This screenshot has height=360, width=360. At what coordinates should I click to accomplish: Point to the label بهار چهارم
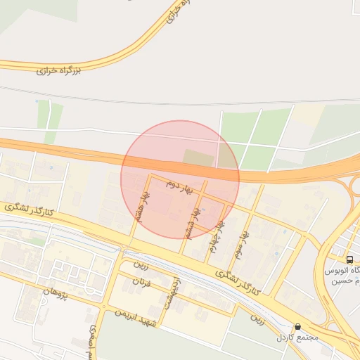[217, 236]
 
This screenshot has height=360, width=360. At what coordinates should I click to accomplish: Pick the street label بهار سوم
[242, 243]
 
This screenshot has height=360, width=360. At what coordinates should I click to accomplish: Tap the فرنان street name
[142, 284]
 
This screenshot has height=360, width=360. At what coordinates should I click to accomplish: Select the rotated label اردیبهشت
[171, 295]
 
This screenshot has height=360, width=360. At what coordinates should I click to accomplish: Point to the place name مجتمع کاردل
[297, 337]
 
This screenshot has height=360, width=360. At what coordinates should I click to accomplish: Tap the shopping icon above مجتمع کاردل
[297, 327]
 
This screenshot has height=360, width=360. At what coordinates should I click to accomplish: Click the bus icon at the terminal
[350, 259]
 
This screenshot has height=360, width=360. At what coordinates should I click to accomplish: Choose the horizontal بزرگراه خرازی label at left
[58, 71]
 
